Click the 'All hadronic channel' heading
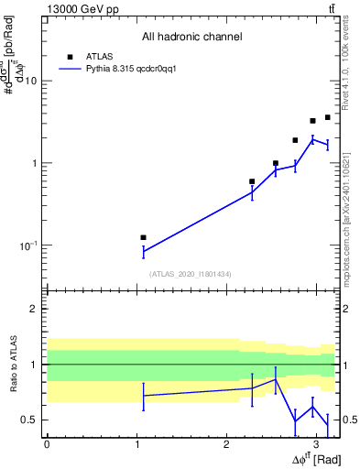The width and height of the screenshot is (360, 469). tap(191, 37)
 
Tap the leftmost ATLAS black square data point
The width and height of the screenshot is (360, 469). tap(143, 237)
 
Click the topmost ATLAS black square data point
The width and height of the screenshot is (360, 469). tap(327, 117)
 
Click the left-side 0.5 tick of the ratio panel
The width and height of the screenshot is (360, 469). tap(32, 420)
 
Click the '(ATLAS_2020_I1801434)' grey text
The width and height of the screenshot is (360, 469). tap(191, 273)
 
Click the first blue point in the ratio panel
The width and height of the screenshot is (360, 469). tap(143, 396)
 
